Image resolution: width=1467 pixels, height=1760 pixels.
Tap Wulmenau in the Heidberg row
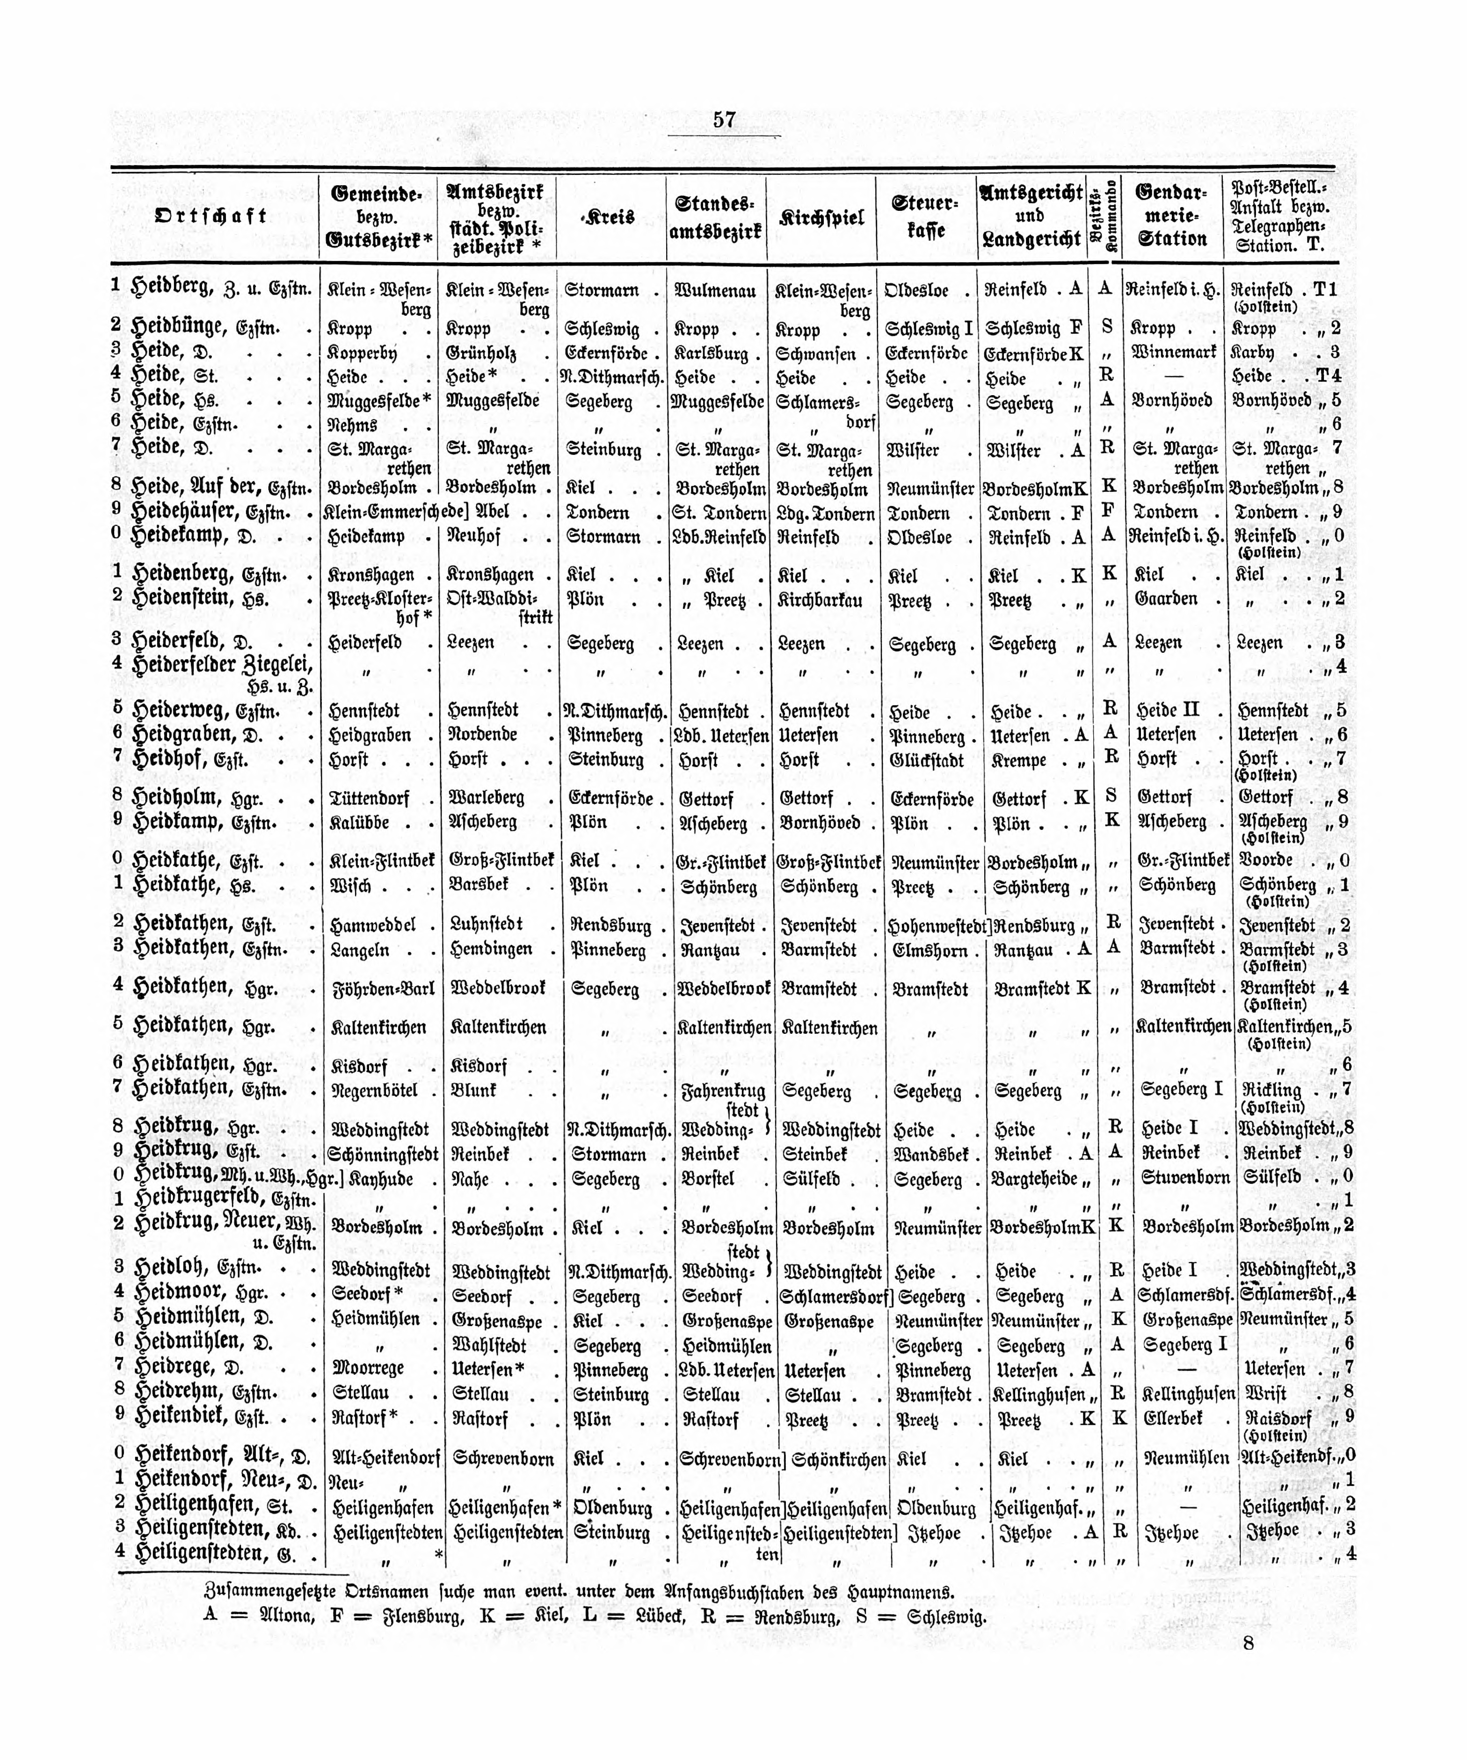[716, 291]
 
